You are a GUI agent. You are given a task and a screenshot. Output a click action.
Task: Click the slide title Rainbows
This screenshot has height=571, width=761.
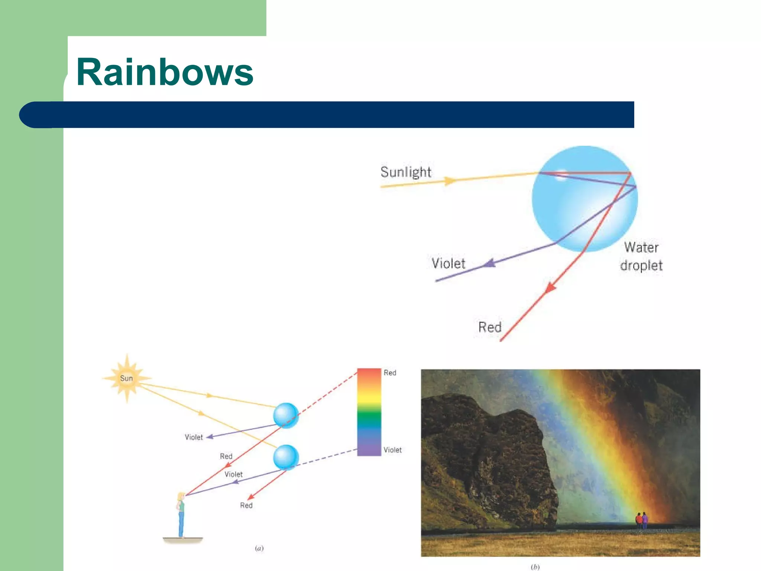coord(165,72)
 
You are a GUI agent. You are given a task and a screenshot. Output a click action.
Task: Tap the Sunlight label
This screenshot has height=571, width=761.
coord(406,172)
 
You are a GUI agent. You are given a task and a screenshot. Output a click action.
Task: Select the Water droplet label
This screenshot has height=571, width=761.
coord(641,257)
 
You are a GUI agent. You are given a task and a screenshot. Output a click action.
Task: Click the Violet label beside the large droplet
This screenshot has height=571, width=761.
coord(448,264)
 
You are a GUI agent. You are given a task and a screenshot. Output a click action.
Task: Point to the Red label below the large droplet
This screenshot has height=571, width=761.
coord(490,327)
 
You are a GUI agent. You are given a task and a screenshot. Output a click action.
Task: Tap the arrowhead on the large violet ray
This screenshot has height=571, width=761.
coord(490,263)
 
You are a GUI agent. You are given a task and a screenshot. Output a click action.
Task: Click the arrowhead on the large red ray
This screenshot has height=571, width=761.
coord(550,287)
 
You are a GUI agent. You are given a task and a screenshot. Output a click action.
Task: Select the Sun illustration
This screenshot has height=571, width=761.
coord(127,378)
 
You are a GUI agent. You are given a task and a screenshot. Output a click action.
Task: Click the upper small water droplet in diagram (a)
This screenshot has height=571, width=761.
coord(286,416)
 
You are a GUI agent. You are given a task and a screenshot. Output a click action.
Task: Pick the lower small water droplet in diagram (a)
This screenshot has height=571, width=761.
coord(286,457)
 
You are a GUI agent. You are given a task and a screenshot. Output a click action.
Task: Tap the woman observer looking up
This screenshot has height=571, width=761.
coord(181,515)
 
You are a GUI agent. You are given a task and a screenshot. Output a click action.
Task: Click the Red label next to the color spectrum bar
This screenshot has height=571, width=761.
coord(390,373)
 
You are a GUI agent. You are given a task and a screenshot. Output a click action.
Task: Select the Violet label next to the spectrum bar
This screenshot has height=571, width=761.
coord(392,450)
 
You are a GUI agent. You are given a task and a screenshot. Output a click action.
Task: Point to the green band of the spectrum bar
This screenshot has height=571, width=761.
coord(369,418)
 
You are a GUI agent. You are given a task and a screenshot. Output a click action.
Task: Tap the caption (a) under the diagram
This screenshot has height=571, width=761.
coord(259,548)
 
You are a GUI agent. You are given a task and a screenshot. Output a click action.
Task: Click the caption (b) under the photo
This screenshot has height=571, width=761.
coord(535,567)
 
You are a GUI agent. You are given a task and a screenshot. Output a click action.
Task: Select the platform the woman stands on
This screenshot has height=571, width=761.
coord(183,539)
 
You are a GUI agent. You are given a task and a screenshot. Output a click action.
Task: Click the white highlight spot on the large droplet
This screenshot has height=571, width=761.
coord(561,174)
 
